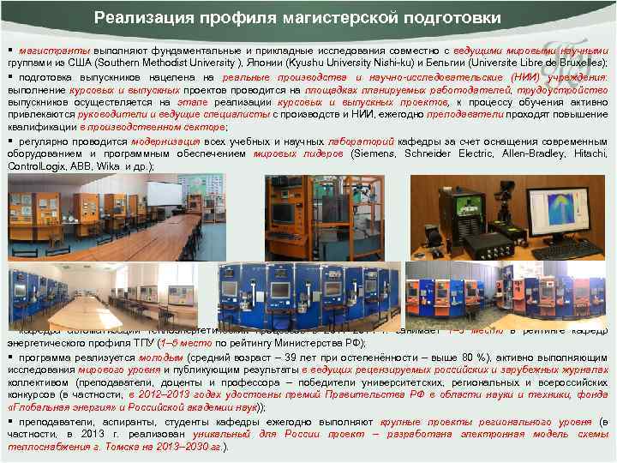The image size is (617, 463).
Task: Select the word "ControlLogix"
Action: coord(35,167)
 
